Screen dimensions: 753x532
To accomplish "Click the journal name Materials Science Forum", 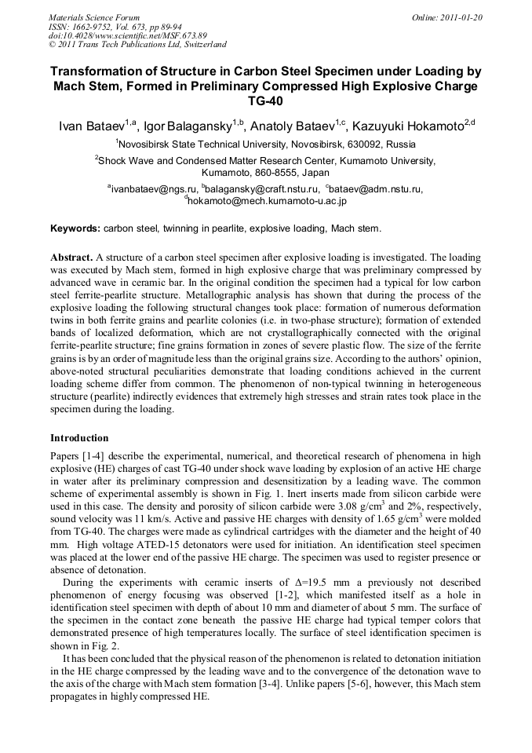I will [94, 16].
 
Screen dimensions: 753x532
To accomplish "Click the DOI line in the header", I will [127, 35].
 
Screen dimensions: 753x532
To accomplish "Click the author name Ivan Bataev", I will [92, 126].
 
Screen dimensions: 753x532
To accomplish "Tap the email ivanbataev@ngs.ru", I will [154, 189].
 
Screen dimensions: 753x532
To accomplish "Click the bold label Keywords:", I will [75, 229].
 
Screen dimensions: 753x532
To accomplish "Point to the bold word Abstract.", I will [72, 257].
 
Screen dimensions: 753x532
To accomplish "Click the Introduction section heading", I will [79, 437].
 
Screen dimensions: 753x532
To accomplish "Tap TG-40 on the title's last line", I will [265, 101].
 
